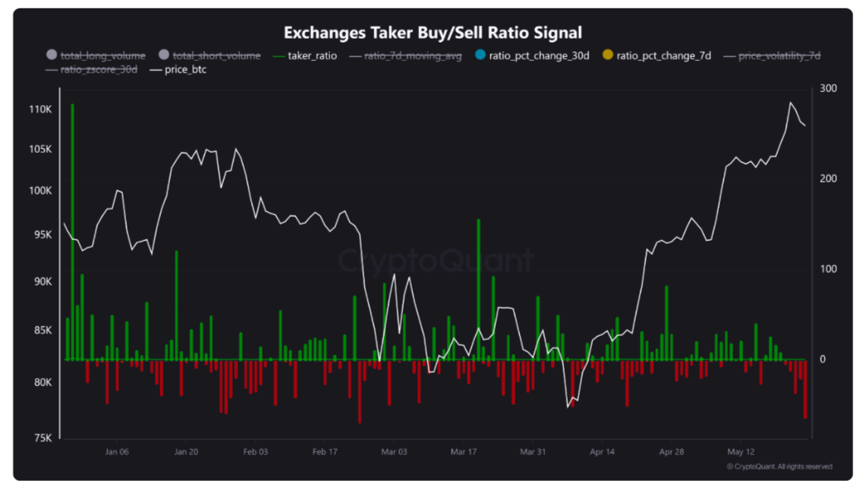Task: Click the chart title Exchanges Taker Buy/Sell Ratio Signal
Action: tap(433, 33)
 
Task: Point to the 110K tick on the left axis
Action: tap(39, 109)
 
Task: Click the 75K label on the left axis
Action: tap(41, 438)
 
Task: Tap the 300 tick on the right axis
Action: tap(828, 89)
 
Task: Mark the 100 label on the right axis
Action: tap(828, 270)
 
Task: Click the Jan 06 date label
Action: tap(117, 451)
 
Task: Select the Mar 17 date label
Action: tap(463, 451)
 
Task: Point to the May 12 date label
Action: tap(741, 451)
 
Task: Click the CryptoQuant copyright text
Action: tap(779, 466)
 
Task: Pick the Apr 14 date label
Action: tap(602, 451)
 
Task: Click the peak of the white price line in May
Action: tap(791, 102)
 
